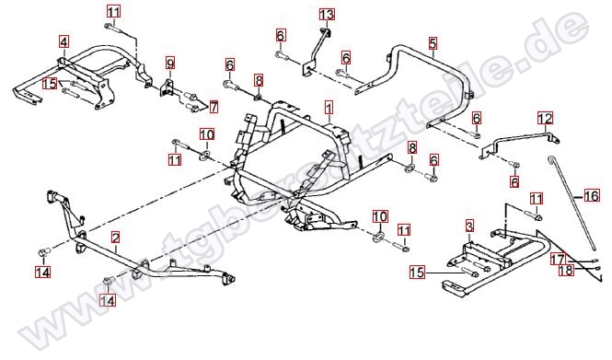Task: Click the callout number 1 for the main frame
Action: click(329, 108)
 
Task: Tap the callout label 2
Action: click(115, 237)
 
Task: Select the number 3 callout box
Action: click(469, 226)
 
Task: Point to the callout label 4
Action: click(64, 41)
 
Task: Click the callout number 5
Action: click(433, 43)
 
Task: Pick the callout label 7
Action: click(214, 107)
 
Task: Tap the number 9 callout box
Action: click(169, 63)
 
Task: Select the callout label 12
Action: click(545, 118)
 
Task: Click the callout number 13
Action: click(327, 15)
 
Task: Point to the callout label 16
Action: click(592, 195)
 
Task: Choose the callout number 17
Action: click(558, 259)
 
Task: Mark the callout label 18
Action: click(566, 270)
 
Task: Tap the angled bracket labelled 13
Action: click(316, 51)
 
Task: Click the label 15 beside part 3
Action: click(417, 273)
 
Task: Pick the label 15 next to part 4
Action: click(50, 84)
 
